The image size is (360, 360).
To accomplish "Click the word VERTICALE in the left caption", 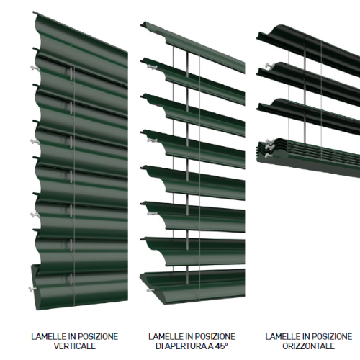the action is pyautogui.click(x=75, y=346).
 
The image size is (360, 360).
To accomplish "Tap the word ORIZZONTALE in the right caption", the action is pyautogui.click(x=309, y=346).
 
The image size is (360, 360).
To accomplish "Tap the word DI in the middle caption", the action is pyautogui.click(x=161, y=346).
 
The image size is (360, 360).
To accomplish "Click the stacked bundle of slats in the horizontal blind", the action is pyautogui.click(x=308, y=157).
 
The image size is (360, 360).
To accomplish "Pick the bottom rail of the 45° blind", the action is pyautogui.click(x=192, y=286).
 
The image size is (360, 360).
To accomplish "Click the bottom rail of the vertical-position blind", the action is pyautogui.click(x=79, y=288).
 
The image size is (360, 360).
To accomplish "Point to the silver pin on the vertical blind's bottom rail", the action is pyautogui.click(x=32, y=289).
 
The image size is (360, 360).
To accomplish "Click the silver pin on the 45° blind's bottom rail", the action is pyautogui.click(x=150, y=291).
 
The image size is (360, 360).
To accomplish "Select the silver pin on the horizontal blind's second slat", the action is pyautogui.click(x=269, y=65).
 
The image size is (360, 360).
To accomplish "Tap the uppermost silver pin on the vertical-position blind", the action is pyautogui.click(x=35, y=68).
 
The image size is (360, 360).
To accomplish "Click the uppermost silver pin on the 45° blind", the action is pyautogui.click(x=152, y=67).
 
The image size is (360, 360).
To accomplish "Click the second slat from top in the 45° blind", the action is pyautogui.click(x=193, y=81).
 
